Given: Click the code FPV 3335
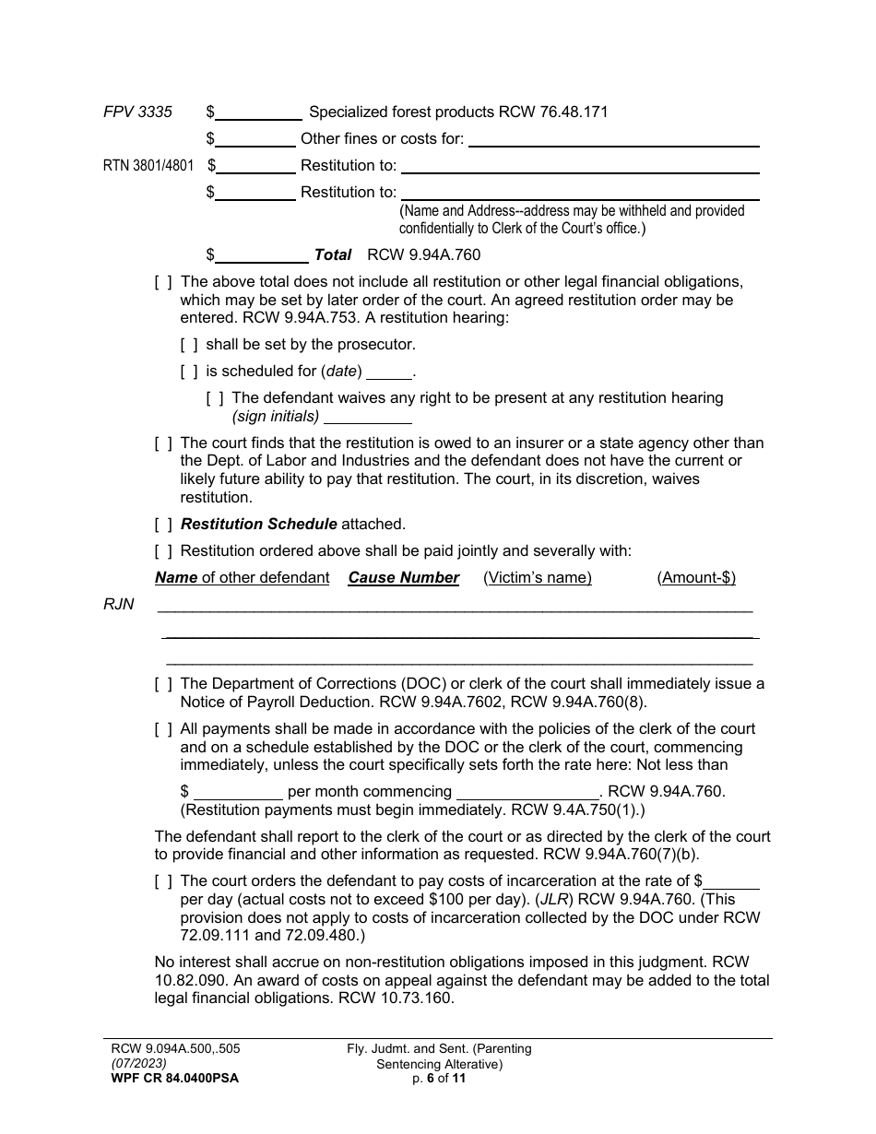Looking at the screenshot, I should [x=137, y=112].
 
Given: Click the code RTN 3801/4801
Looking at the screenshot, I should [x=149, y=166].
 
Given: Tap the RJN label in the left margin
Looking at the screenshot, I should [x=119, y=605].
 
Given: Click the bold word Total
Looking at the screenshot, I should [x=333, y=254].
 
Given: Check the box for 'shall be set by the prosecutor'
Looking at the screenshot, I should [x=189, y=345].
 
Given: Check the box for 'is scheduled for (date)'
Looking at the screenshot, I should [x=189, y=372].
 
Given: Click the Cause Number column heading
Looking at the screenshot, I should [x=403, y=578].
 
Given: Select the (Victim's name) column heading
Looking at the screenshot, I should [x=538, y=578].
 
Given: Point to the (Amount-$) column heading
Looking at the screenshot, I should [x=696, y=578].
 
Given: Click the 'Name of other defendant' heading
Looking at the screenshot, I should [x=242, y=578].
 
